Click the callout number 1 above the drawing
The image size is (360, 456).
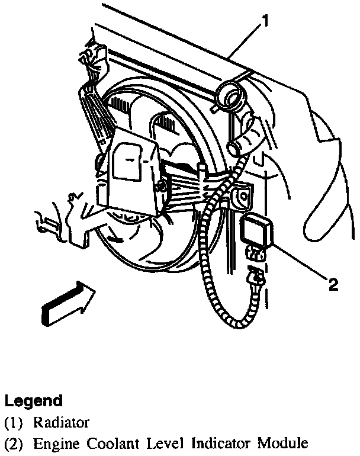click(x=266, y=23)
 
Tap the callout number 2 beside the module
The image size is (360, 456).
click(x=333, y=285)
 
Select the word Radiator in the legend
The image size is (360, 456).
click(x=62, y=422)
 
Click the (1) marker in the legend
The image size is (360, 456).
click(x=12, y=422)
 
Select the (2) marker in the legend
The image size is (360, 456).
click(x=12, y=442)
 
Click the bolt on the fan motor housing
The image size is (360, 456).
click(x=160, y=188)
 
